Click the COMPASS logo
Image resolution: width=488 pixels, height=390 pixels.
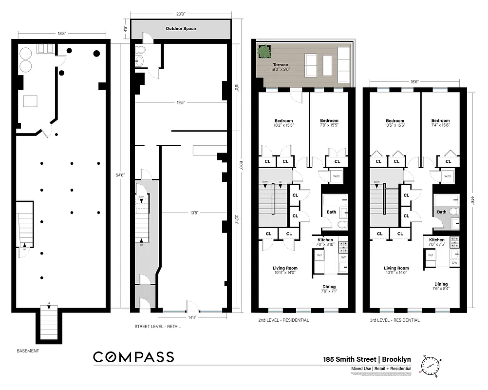click(133, 357)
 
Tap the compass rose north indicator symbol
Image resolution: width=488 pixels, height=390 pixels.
click(431, 365)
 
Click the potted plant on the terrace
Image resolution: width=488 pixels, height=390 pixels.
click(264, 51)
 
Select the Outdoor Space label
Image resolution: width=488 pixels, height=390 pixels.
click(181, 29)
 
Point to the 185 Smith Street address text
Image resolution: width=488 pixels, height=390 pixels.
click(367, 359)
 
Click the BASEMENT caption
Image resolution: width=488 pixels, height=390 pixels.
click(28, 351)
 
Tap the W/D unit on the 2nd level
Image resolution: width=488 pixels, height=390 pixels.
click(336, 176)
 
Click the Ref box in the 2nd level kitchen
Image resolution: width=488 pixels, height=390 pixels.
click(319, 255)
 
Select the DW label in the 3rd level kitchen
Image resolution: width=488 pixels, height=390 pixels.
click(454, 263)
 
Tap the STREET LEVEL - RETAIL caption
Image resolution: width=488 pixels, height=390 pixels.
click(157, 326)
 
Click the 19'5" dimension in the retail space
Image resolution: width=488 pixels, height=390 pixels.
click(181, 103)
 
